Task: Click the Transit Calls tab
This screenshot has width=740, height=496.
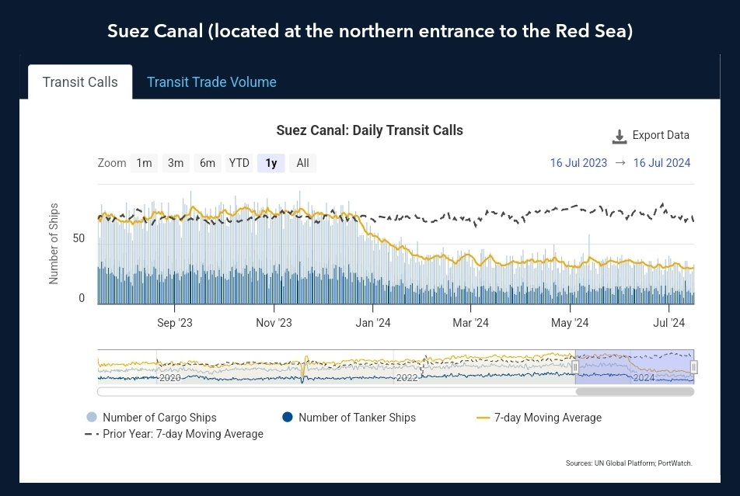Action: click(x=80, y=82)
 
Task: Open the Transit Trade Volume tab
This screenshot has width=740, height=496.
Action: click(x=211, y=82)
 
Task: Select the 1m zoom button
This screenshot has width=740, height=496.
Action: click(x=144, y=163)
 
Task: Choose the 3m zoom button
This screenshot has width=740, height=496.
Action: click(x=176, y=163)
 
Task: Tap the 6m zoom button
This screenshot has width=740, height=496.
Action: click(x=208, y=163)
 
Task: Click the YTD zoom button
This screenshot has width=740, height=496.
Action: click(x=239, y=163)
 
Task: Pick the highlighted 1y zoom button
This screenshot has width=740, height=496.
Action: click(x=271, y=163)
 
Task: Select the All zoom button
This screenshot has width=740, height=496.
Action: click(x=302, y=163)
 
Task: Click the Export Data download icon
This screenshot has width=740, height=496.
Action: click(x=620, y=137)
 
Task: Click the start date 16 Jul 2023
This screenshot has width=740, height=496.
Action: click(x=578, y=163)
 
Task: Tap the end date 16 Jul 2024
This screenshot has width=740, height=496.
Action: click(x=661, y=163)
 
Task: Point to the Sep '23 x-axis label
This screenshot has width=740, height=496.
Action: click(x=175, y=323)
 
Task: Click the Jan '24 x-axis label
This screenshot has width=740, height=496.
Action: click(x=373, y=323)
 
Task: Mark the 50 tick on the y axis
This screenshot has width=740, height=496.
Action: click(x=79, y=238)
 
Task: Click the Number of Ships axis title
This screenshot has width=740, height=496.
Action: click(x=54, y=244)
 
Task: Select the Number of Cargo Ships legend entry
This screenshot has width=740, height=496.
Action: click(x=152, y=418)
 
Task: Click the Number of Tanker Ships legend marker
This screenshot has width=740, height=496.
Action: click(x=288, y=417)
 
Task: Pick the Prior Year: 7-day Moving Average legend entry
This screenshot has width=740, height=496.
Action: click(x=174, y=434)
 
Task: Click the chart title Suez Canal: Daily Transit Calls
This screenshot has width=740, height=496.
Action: click(x=369, y=130)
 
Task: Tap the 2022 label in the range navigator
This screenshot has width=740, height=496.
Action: click(x=407, y=378)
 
